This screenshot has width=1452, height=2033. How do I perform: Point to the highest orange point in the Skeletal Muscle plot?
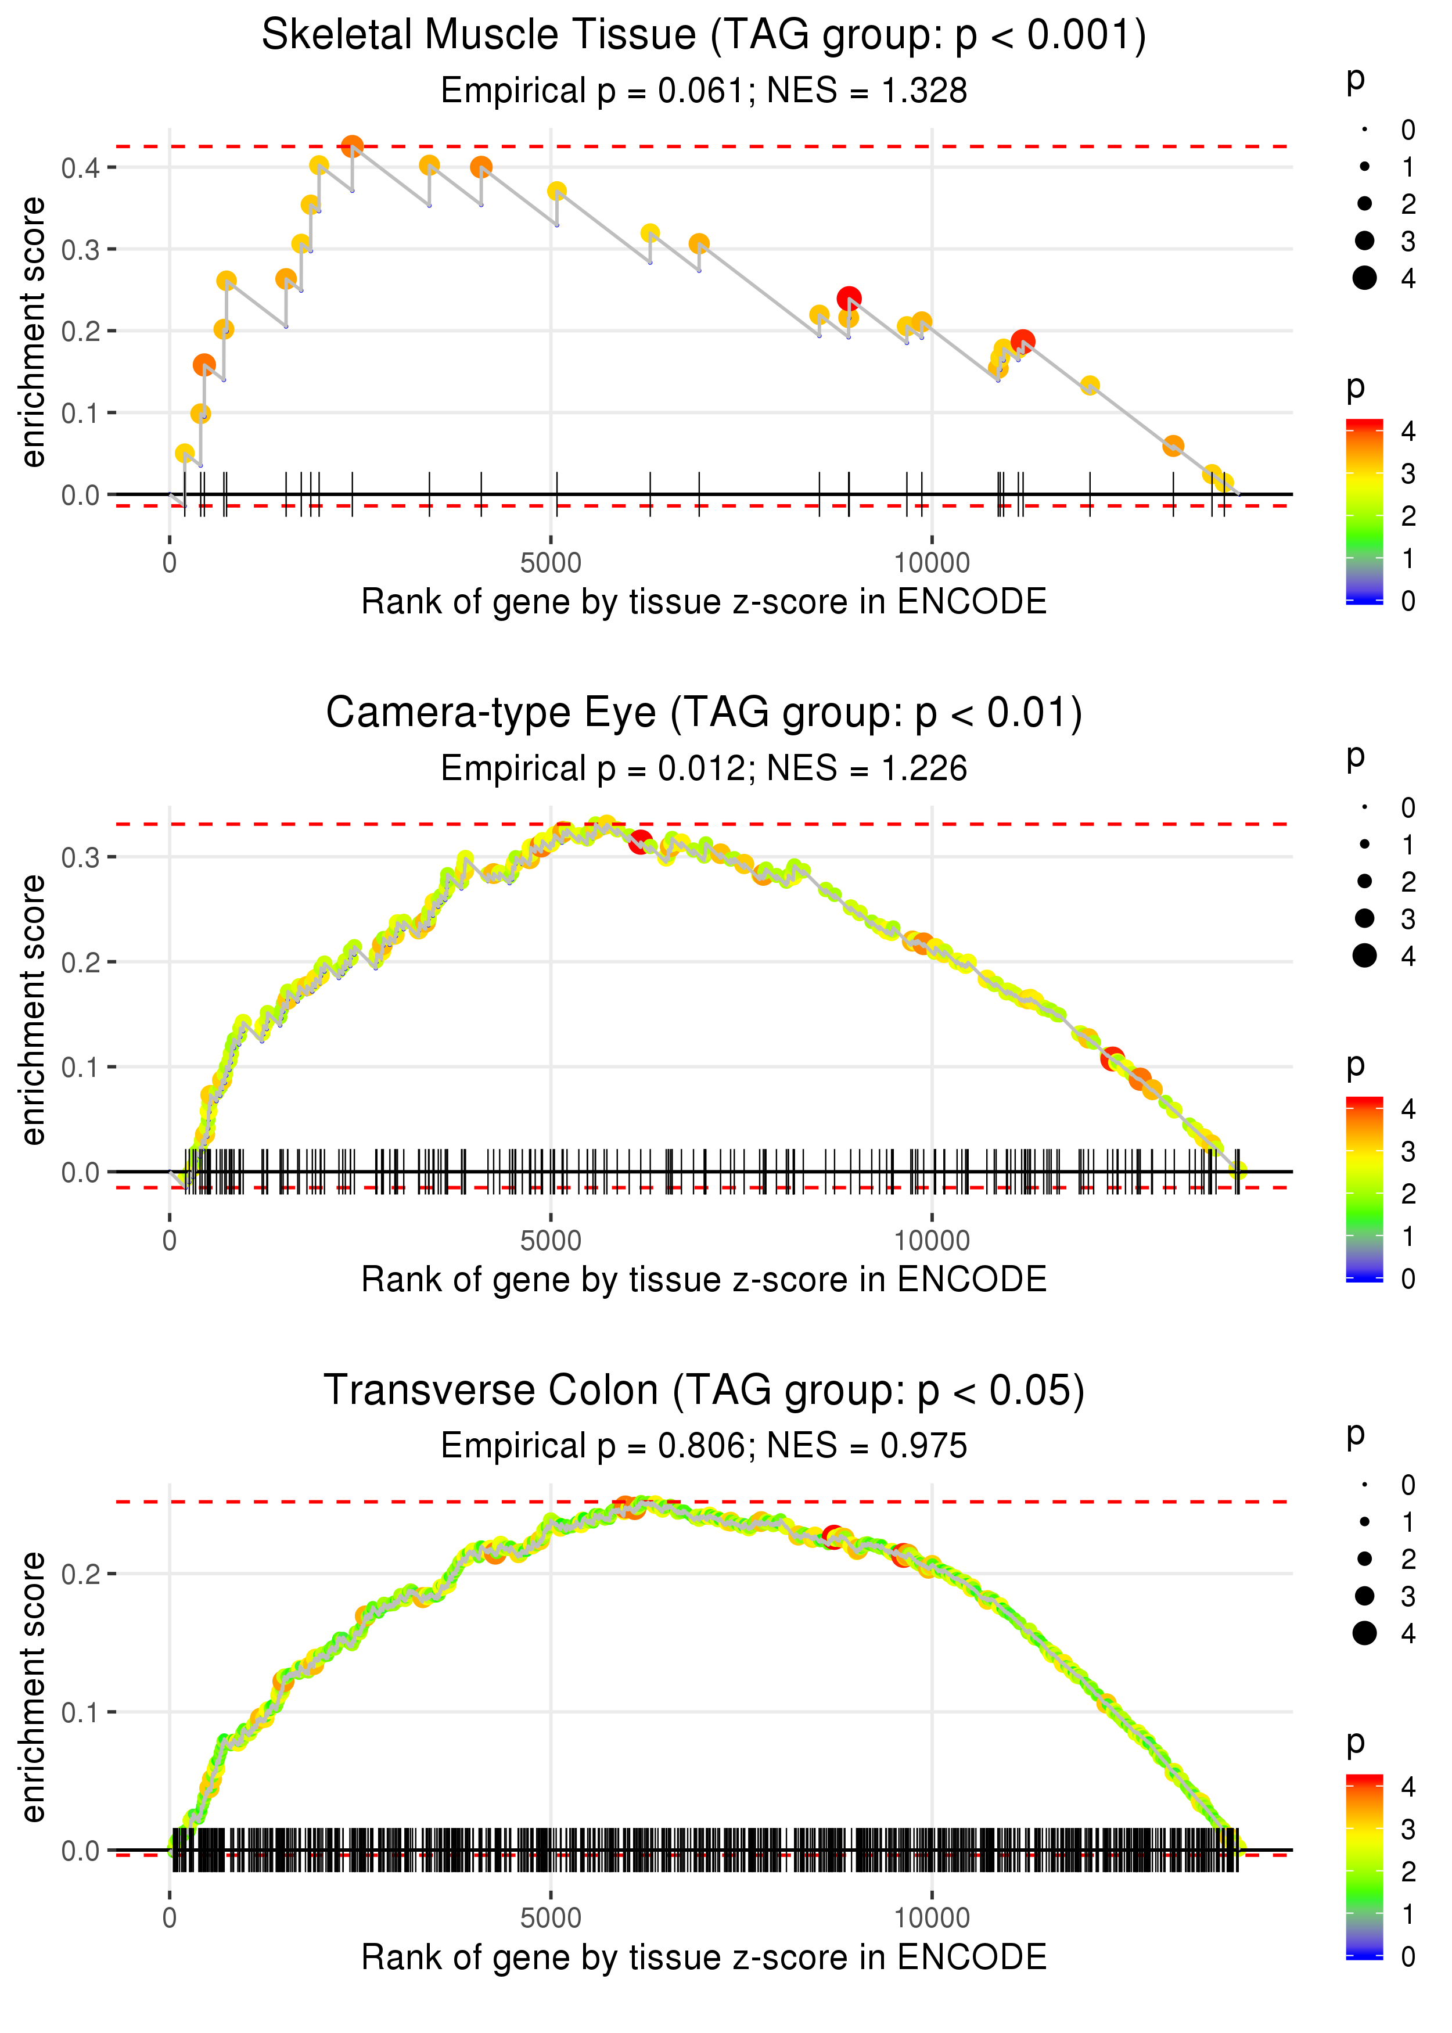click(353, 146)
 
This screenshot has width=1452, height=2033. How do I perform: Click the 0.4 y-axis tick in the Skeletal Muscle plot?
click(81, 167)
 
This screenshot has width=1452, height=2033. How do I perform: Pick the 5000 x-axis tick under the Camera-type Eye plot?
click(551, 1240)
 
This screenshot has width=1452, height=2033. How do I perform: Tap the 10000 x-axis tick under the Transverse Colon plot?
click(932, 1917)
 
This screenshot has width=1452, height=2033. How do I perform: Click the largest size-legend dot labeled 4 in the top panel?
click(1364, 278)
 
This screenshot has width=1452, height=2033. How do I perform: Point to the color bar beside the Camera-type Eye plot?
click(1364, 1189)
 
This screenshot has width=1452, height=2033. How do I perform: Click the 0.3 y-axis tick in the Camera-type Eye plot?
click(81, 857)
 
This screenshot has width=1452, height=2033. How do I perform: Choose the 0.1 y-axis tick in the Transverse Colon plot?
click(81, 1712)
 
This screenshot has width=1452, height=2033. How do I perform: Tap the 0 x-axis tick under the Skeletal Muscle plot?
click(170, 563)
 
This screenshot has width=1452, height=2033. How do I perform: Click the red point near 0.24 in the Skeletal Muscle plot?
click(849, 299)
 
